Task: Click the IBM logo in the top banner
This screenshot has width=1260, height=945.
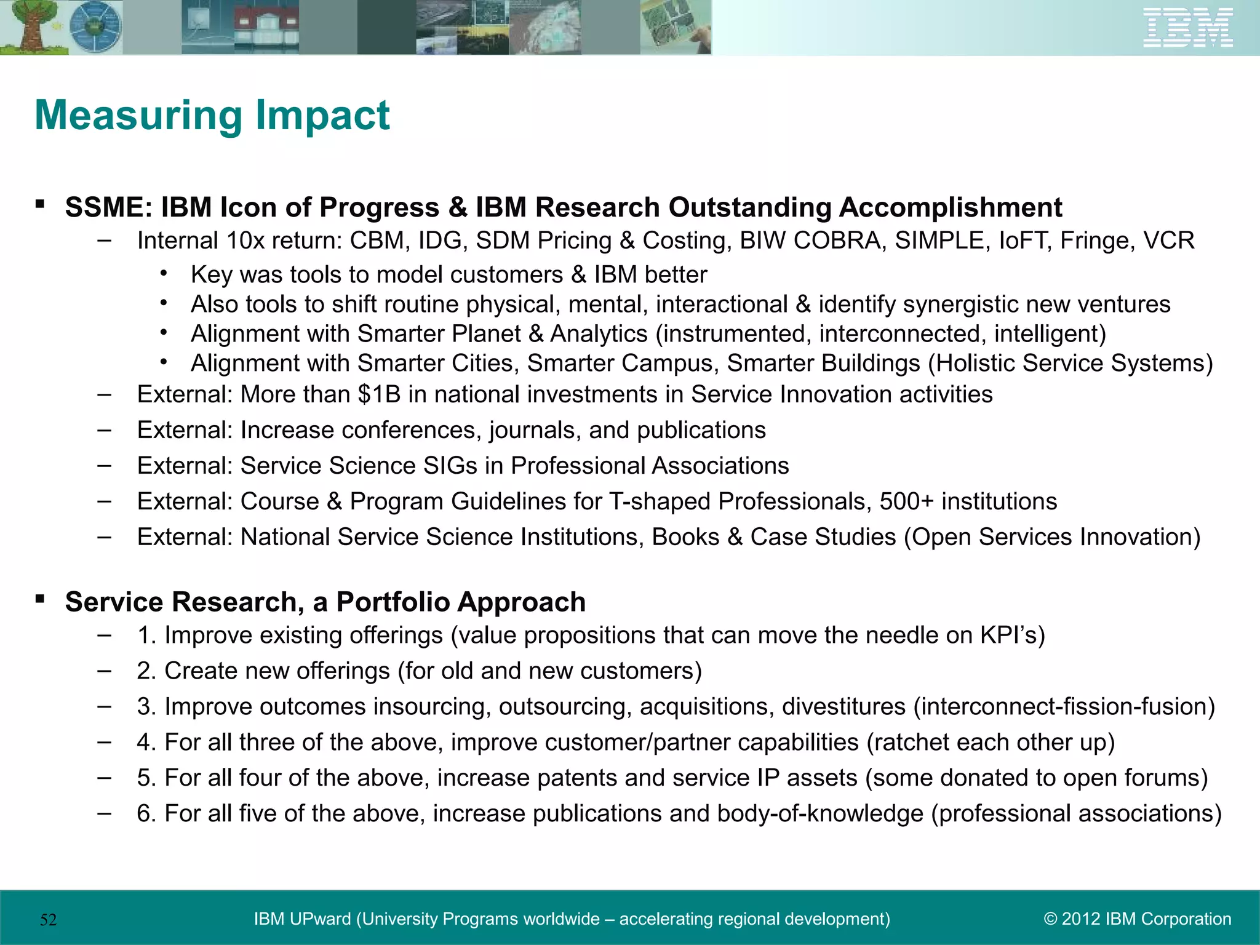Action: click(1187, 28)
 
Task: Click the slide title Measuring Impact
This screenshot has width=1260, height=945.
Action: click(212, 115)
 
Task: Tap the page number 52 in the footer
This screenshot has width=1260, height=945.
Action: click(49, 920)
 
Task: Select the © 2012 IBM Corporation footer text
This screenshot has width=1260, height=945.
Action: click(1138, 919)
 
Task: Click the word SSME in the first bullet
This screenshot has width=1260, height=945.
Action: click(104, 208)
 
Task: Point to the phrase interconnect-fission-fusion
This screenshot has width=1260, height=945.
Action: click(1064, 706)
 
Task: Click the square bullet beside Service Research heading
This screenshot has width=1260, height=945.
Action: click(40, 599)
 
